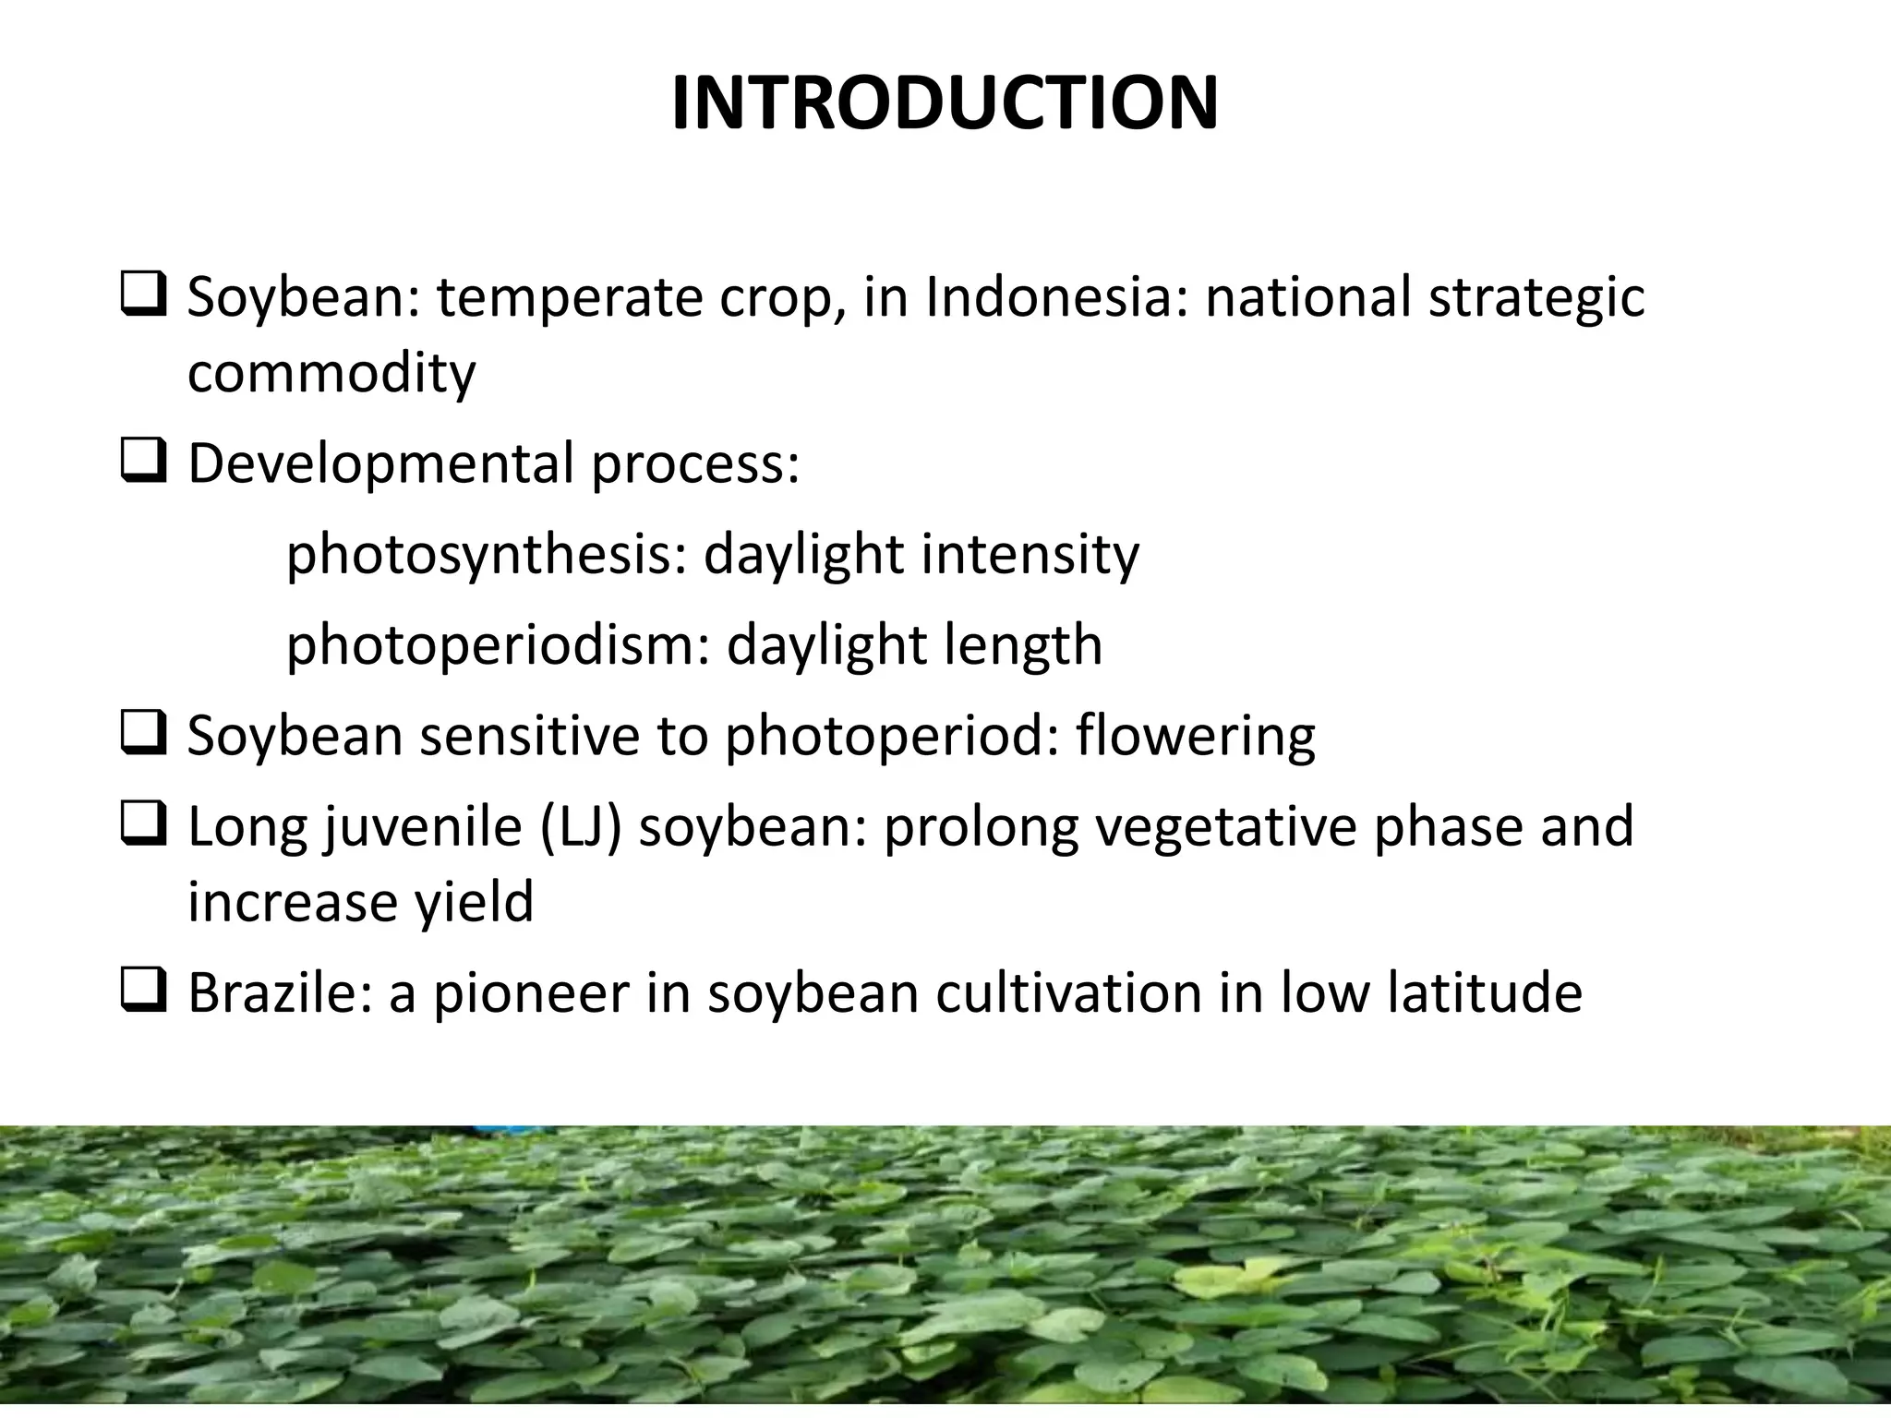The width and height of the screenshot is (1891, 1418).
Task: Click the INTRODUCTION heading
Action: tap(945, 103)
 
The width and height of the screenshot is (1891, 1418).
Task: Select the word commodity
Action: tap(331, 374)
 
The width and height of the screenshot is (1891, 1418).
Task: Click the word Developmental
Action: tap(381, 463)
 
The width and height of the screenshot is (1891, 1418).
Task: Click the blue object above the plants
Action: tap(500, 1130)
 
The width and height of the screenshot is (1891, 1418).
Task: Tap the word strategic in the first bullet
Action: tap(1536, 298)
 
